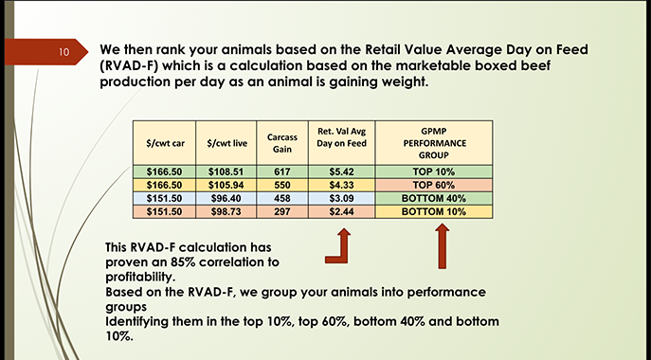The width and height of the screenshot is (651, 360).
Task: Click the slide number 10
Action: tap(63, 52)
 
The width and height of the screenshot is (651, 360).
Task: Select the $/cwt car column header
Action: tap(165, 143)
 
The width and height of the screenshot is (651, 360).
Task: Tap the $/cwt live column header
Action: tap(226, 143)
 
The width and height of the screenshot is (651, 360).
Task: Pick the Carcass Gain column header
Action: tap(282, 143)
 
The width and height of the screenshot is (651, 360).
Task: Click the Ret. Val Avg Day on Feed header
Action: tap(342, 137)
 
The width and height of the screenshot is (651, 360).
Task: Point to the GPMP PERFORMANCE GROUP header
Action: tap(434, 143)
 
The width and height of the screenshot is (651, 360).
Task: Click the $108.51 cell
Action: tap(226, 171)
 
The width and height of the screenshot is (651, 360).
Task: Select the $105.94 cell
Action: tap(226, 185)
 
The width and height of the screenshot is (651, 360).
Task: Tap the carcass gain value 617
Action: tap(282, 171)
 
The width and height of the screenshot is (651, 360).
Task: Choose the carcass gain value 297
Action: tap(282, 212)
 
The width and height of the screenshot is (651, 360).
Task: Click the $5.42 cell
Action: tap(341, 171)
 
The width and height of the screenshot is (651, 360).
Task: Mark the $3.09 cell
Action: tap(341, 199)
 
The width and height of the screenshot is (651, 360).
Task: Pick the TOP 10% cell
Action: tap(434, 171)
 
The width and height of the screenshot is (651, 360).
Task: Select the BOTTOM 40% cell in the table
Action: tap(434, 199)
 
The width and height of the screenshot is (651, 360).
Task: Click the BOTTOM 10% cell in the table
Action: tap(434, 212)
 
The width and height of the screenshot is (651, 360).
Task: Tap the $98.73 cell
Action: tap(226, 212)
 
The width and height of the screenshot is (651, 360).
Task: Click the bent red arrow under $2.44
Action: tap(344, 249)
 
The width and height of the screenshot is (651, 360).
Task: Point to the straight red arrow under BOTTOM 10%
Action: tap(443, 246)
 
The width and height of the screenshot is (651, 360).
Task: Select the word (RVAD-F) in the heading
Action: tap(129, 66)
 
